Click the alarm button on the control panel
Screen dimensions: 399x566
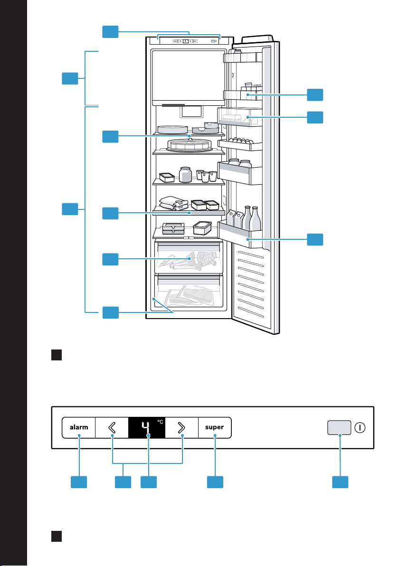click(x=79, y=427)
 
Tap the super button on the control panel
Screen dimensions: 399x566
click(x=215, y=427)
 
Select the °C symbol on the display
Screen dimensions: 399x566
click(x=160, y=422)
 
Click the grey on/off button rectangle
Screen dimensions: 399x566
click(x=339, y=427)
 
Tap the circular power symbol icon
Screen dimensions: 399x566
click(x=360, y=428)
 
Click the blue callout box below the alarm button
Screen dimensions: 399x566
click(x=79, y=482)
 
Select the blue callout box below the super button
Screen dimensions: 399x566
click(x=215, y=482)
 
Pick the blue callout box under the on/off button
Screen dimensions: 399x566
click(x=340, y=482)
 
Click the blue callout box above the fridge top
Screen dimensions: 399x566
click(x=110, y=32)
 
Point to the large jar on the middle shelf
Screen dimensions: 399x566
click(x=185, y=175)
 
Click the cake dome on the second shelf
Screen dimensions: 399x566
click(x=189, y=145)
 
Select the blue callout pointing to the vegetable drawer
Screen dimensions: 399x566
click(x=110, y=260)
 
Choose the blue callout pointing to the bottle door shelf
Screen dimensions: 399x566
click(x=315, y=240)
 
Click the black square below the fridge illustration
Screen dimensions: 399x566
click(x=57, y=355)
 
